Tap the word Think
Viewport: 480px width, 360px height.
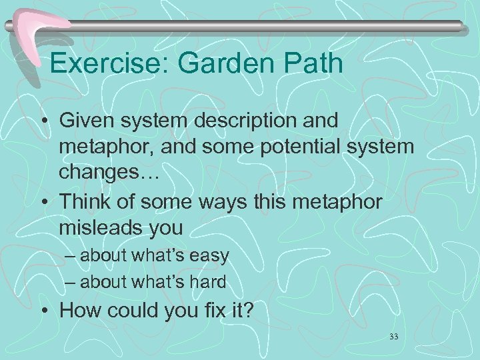point(85,202)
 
